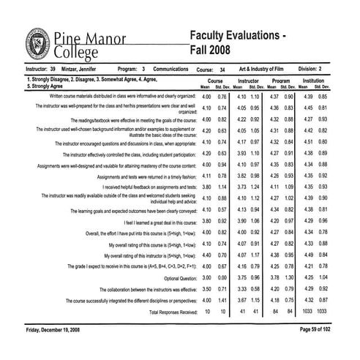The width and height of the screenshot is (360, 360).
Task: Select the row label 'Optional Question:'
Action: pos(174,279)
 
